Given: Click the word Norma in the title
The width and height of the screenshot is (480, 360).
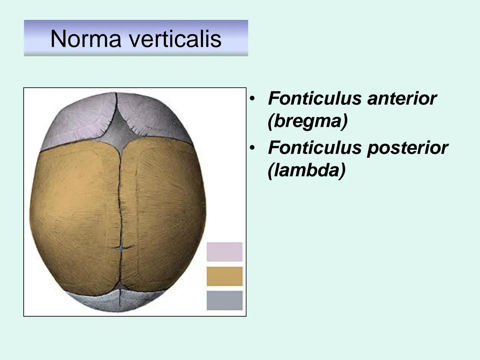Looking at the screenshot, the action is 86,39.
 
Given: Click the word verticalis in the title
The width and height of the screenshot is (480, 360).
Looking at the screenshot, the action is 176,39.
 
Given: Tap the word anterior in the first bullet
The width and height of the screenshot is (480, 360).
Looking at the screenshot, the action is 402,99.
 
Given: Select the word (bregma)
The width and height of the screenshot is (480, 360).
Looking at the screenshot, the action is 307,121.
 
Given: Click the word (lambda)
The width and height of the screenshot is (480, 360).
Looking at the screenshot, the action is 307,171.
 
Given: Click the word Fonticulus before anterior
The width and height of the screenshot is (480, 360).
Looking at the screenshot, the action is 315,99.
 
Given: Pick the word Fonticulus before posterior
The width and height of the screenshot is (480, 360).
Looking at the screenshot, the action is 315,148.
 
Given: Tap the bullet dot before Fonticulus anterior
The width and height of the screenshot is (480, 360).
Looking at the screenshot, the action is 252,99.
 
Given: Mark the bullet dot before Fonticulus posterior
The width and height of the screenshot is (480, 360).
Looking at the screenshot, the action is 252,148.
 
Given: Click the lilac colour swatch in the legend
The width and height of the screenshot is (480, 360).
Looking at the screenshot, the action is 225,252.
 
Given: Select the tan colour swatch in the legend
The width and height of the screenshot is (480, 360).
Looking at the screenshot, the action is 225,276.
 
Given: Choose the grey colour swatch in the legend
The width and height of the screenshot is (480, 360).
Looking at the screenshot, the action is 225,300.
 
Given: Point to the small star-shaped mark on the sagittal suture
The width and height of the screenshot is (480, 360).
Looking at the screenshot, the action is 121,248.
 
